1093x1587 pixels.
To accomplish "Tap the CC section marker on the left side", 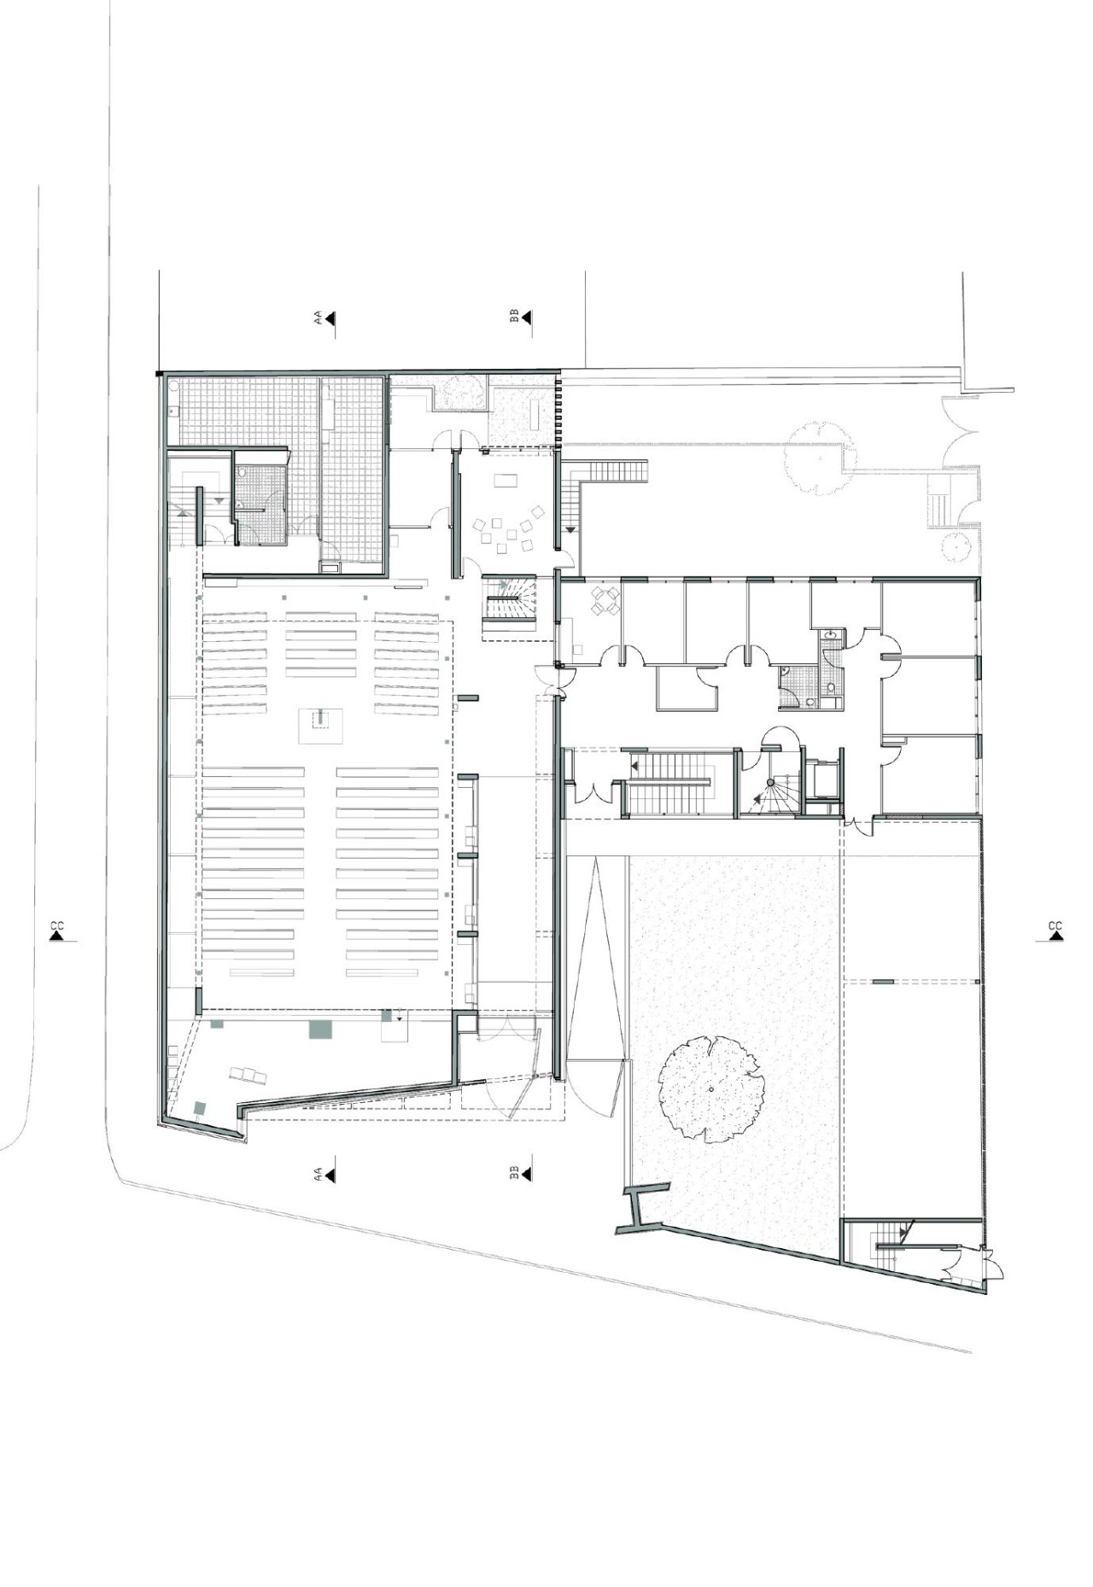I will [57, 931].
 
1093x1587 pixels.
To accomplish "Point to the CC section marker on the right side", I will [1055, 931].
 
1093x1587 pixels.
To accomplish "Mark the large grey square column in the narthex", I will [323, 1029].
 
